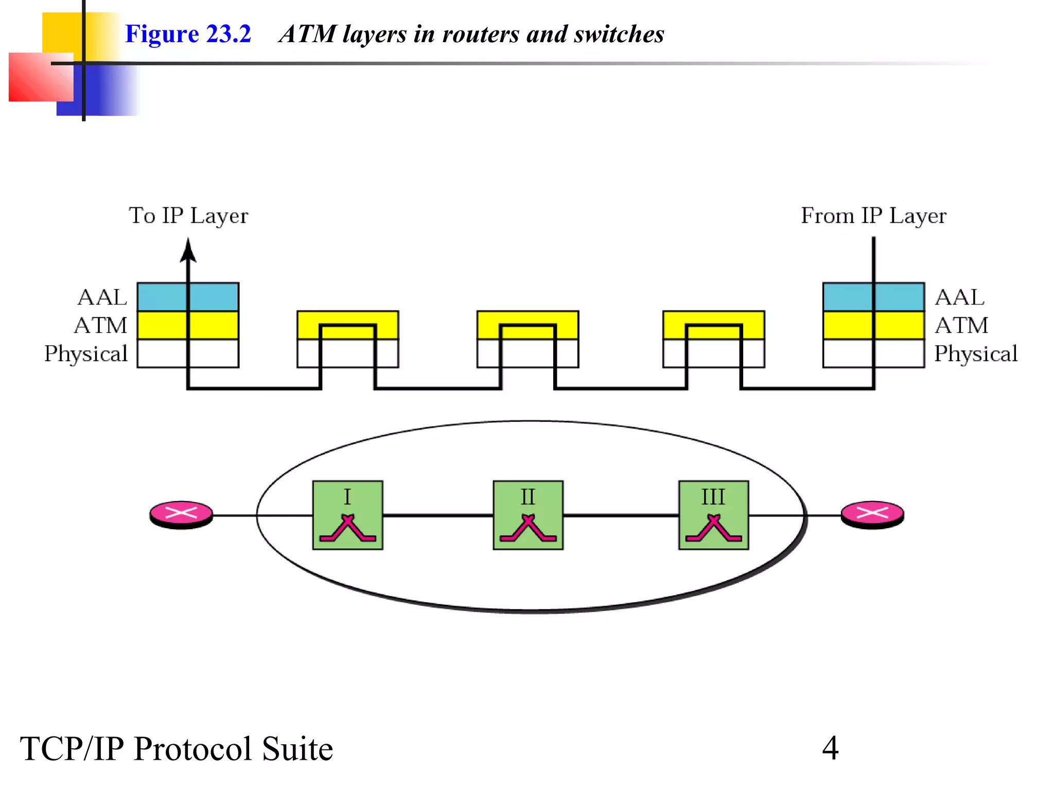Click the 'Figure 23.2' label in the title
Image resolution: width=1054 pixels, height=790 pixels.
click(188, 34)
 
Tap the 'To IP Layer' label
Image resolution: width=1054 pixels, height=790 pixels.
click(188, 216)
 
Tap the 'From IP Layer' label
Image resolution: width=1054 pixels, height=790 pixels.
click(873, 216)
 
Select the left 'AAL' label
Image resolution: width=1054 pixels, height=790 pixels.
click(102, 297)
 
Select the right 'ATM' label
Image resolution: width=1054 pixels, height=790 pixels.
click(961, 326)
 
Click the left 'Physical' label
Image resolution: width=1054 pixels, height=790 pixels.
click(86, 354)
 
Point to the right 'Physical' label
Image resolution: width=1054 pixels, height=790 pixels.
click(976, 354)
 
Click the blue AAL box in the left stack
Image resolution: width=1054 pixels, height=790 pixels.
click(160, 297)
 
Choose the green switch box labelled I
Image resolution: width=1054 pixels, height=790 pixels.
click(348, 515)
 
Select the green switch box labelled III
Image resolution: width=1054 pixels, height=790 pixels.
click(713, 515)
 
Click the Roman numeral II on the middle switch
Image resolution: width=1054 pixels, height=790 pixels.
click(528, 497)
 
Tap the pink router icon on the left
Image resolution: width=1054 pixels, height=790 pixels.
click(181, 513)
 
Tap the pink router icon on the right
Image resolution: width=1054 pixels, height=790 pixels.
click(872, 513)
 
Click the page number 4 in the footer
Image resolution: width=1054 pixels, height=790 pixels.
click(830, 748)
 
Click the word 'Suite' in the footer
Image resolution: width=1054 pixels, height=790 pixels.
click(297, 748)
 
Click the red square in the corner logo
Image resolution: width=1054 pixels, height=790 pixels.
click(36, 77)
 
